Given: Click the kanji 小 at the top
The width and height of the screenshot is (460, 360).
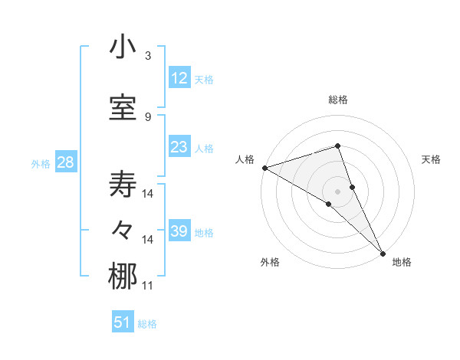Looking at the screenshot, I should click(123, 47).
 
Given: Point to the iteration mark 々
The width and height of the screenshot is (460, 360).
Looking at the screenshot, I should click(123, 231).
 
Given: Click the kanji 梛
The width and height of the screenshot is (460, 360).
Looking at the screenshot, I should click(123, 277).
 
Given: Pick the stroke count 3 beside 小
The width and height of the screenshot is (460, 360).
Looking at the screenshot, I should click(148, 56).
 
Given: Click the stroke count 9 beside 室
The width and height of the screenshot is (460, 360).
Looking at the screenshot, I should click(148, 117).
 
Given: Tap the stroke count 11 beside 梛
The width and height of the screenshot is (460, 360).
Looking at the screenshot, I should click(148, 286).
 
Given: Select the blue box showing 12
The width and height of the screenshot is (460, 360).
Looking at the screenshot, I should click(179, 78).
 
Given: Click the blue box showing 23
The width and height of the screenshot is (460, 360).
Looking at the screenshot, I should click(179, 147).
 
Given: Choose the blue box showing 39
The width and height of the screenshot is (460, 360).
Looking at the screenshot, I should click(179, 231).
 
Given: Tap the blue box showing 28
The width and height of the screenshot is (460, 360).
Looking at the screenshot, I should click(64, 162).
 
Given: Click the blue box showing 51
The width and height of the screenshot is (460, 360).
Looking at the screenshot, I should click(123, 322).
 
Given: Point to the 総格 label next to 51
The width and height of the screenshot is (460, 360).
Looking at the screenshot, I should click(147, 324).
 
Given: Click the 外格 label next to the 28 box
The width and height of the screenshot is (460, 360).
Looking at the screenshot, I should click(41, 164).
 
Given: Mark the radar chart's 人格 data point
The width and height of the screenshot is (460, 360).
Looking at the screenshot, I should click(264, 168).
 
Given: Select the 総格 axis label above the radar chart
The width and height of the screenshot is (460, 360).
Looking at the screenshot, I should click(338, 100).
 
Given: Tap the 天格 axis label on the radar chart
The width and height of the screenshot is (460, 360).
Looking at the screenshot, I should click(432, 159).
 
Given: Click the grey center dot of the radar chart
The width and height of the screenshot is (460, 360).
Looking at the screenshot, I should click(337, 191).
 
